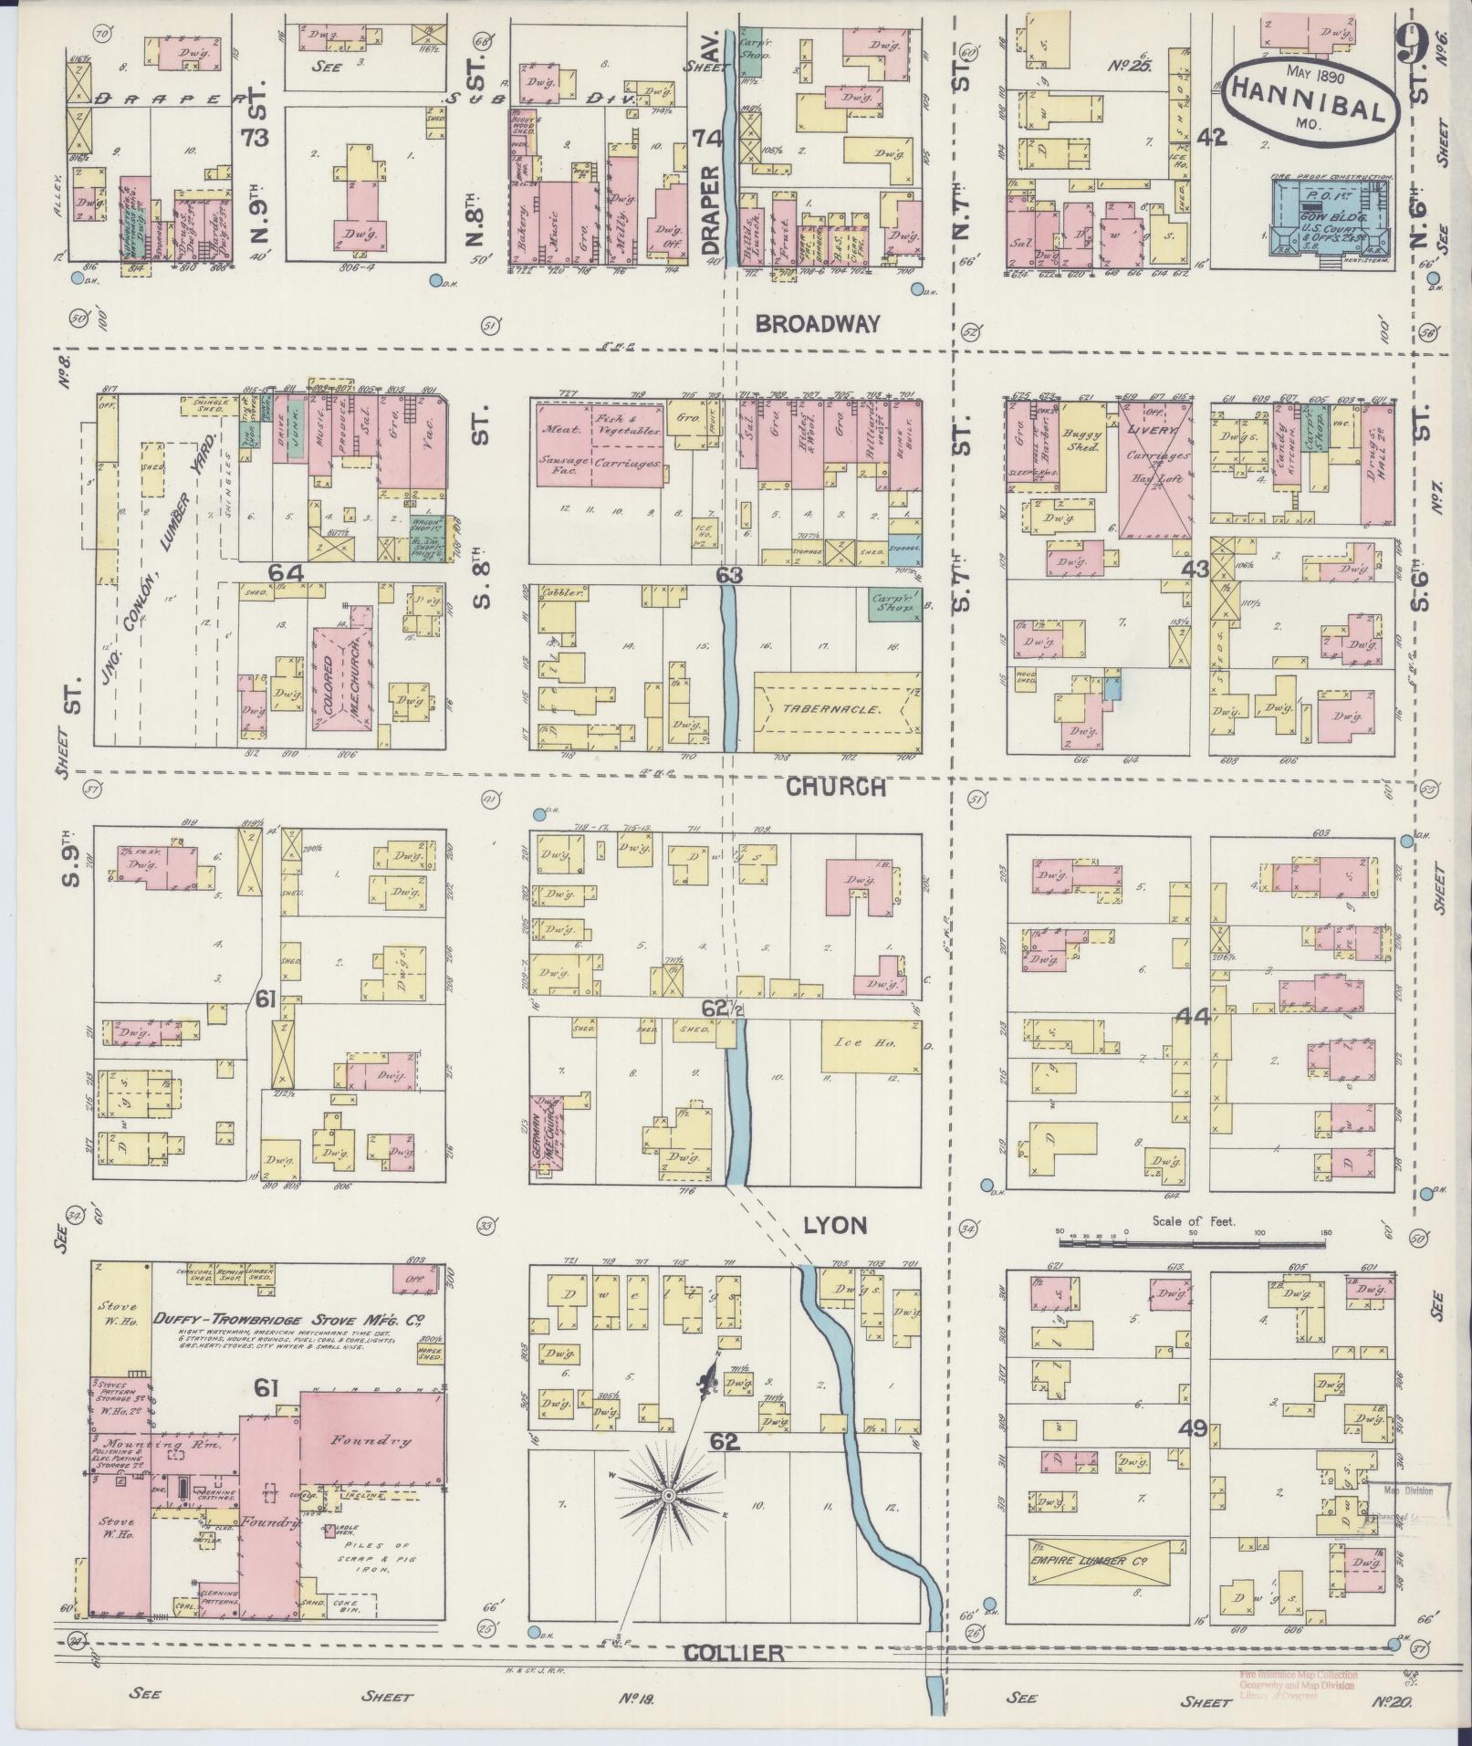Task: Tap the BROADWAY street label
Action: (818, 322)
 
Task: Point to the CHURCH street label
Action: (836, 787)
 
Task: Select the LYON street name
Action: (835, 1225)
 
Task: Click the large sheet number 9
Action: (1410, 41)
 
